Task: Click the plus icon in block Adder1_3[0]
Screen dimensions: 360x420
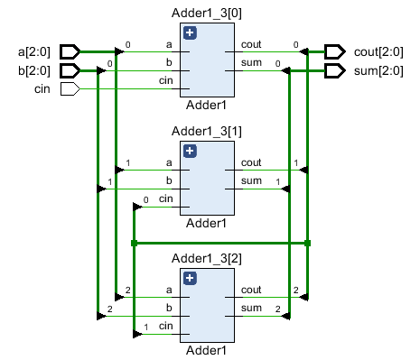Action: point(190,32)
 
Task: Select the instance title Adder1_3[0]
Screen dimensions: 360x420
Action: point(208,13)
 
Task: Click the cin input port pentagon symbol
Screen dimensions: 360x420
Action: point(70,88)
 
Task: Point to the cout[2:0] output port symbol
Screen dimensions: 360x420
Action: point(334,51)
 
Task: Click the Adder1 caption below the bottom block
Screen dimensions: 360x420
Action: point(208,349)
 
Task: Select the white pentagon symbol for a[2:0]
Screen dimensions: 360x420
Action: point(70,51)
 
